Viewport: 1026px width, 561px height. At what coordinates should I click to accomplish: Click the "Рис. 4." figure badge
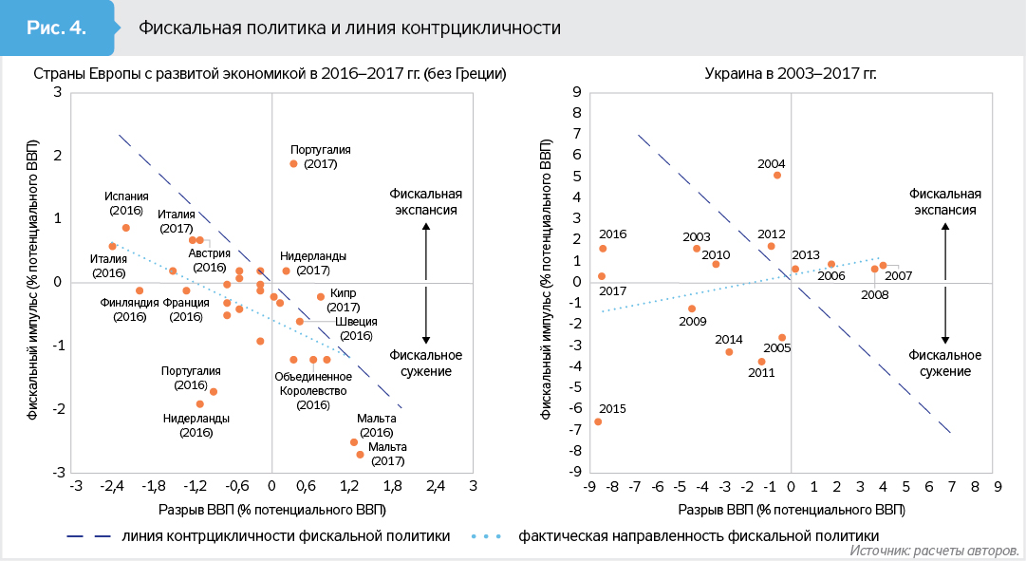(56, 27)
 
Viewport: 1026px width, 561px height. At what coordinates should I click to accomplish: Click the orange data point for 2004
(777, 175)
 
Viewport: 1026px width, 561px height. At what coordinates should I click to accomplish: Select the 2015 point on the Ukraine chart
(598, 421)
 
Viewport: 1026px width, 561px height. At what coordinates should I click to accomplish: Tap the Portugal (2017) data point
(293, 164)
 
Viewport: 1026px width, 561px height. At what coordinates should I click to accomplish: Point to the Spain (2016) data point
(126, 228)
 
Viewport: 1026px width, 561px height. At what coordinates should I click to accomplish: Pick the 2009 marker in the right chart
(692, 309)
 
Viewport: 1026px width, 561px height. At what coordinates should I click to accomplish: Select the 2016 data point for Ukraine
(603, 249)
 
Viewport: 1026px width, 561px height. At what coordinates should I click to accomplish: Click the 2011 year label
(761, 373)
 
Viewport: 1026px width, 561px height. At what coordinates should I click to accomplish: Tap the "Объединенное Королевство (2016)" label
(312, 390)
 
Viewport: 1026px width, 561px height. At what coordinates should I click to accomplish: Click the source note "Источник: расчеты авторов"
(934, 551)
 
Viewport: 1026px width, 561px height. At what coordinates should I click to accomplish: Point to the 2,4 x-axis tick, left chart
(435, 487)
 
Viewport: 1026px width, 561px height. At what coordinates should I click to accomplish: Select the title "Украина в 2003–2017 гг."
(790, 73)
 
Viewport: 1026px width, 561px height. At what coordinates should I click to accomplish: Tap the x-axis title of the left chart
(271, 510)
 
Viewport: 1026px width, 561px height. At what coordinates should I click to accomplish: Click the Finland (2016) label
(129, 309)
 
